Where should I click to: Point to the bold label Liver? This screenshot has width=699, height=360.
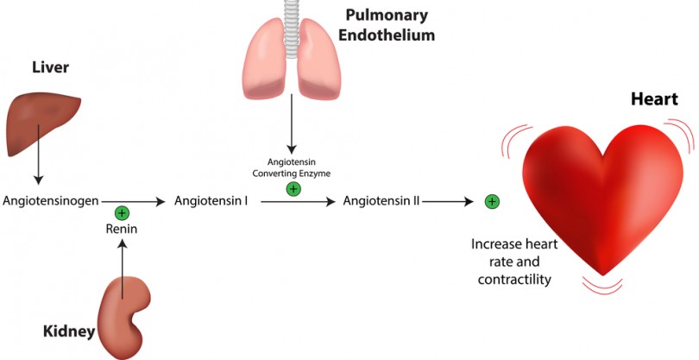point(50,66)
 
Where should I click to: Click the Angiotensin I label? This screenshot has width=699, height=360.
point(211,201)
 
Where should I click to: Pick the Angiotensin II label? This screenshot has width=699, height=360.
point(381,201)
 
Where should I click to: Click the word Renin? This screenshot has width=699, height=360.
point(123,229)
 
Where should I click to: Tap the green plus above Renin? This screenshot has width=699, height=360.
point(122,212)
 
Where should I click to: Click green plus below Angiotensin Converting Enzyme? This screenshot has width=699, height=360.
point(293,188)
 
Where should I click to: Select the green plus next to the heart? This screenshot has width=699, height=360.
point(492,201)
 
